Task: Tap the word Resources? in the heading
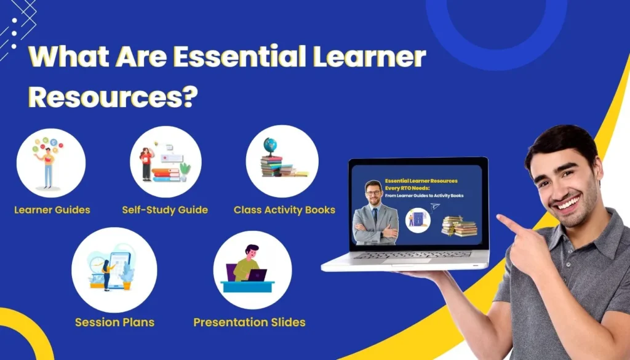(x=114, y=97)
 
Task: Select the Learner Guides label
(x=52, y=210)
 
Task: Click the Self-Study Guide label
(x=165, y=210)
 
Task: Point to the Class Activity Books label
(x=284, y=210)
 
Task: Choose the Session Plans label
(x=114, y=322)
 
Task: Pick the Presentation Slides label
(x=249, y=322)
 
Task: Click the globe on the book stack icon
(x=270, y=146)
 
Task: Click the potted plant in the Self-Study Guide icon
(x=185, y=169)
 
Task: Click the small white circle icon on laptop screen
(x=418, y=220)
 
